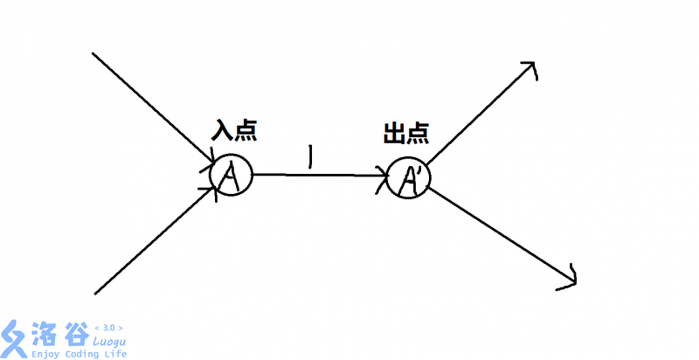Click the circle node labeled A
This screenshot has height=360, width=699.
point(231,176)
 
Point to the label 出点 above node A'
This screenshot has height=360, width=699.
point(405,133)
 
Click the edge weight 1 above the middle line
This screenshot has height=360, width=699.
point(311,157)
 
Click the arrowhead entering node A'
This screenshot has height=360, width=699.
point(383,176)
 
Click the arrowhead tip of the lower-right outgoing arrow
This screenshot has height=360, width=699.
point(575,281)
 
